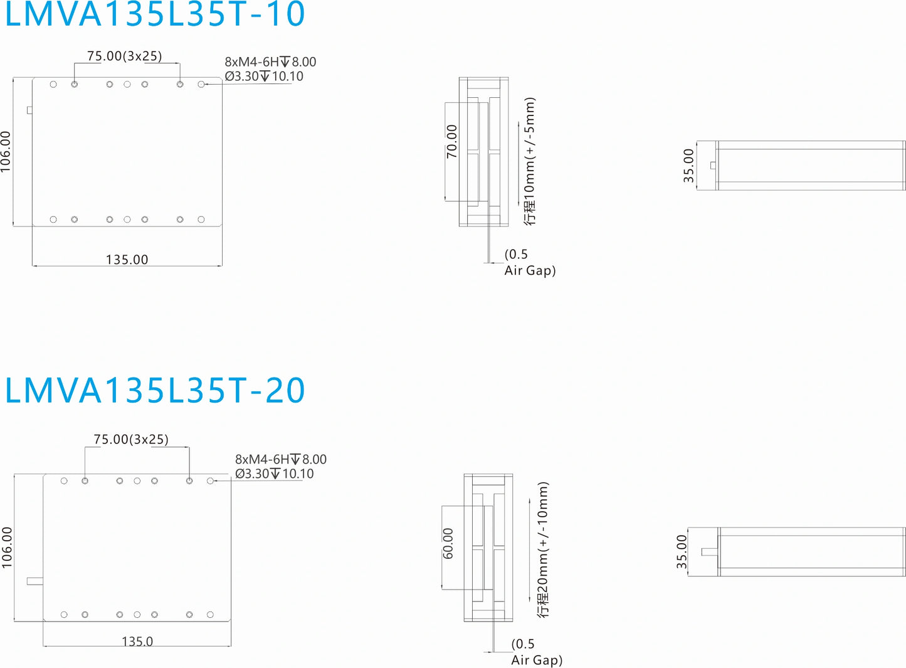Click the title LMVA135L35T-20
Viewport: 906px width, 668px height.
[154, 390]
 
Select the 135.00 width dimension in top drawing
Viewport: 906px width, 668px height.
[127, 259]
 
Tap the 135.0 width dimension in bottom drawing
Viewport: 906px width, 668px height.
[137, 641]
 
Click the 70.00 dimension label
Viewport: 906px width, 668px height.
[451, 141]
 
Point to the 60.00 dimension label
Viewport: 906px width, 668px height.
[448, 543]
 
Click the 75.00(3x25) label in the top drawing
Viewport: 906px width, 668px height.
[124, 56]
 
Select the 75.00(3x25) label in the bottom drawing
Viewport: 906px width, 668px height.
[131, 439]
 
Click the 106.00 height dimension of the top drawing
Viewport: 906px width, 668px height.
[6, 151]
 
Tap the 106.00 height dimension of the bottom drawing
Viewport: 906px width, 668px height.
[7, 548]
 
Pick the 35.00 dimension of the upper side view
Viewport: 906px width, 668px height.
[688, 166]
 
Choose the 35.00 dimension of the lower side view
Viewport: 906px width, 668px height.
[682, 551]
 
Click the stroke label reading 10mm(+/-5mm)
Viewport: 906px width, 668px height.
[530, 161]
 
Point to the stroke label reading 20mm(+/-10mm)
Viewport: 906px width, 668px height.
[543, 549]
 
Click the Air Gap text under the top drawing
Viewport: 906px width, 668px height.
[530, 270]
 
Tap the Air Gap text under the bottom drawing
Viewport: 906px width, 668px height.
[537, 660]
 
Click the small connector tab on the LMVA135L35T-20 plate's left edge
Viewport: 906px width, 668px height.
[34, 581]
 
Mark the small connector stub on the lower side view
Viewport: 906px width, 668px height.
[709, 552]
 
